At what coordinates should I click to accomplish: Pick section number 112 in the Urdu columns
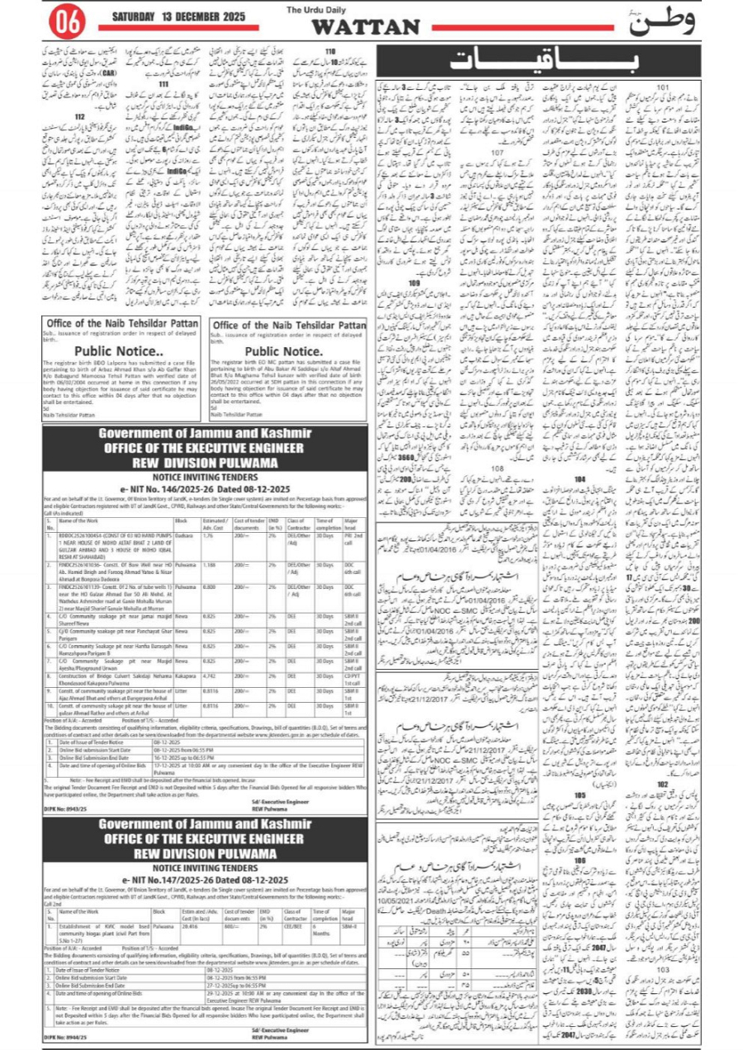tap(79, 119)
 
